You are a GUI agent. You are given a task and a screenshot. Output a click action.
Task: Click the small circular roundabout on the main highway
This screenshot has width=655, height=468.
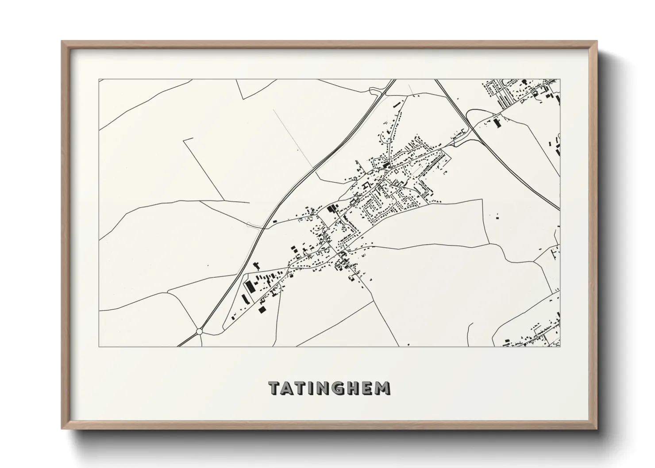(200, 331)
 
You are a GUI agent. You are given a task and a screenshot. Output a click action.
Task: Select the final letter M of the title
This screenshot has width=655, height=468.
(383, 388)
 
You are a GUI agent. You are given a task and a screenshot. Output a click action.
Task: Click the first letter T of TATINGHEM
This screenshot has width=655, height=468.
(275, 388)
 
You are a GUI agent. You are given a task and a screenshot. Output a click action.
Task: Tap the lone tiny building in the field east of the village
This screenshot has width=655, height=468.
(496, 216)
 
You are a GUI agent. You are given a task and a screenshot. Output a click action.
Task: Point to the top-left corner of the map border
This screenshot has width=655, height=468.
(99, 80)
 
